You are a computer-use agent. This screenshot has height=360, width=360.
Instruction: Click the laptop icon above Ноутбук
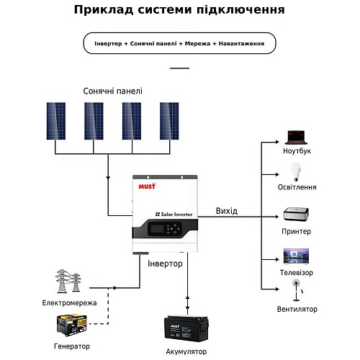(x=296, y=138)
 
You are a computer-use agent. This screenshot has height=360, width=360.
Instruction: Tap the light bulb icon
(x=296, y=172)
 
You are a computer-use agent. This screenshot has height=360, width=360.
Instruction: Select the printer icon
(x=296, y=214)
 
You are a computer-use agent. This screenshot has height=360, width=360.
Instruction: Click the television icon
(x=296, y=256)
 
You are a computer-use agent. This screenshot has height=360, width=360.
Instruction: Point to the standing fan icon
(x=297, y=290)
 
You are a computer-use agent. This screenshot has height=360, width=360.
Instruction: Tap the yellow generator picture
(x=71, y=325)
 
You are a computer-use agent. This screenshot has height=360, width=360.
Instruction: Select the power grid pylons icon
(x=68, y=281)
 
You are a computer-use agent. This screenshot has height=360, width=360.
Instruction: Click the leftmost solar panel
(x=56, y=121)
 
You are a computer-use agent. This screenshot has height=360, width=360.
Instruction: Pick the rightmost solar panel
(x=169, y=121)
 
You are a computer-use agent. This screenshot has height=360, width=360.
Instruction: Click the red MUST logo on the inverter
(x=147, y=186)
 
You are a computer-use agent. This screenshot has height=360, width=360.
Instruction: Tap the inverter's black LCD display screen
(x=156, y=229)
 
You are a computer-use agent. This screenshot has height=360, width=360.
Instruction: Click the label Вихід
(x=227, y=211)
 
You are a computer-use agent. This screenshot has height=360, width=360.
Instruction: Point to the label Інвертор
(x=165, y=264)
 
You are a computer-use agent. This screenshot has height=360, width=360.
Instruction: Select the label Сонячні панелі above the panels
(x=112, y=91)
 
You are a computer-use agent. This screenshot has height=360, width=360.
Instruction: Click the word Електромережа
(x=69, y=303)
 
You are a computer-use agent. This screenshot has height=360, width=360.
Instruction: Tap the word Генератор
(x=72, y=346)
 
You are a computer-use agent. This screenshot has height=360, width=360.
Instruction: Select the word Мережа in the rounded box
(x=197, y=44)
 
